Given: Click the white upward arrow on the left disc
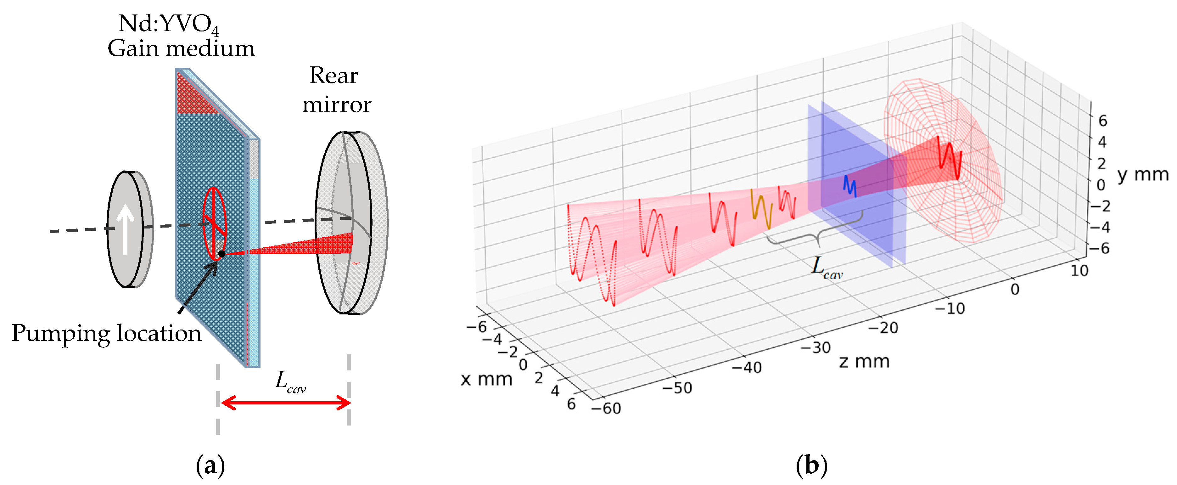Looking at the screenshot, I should click(125, 228).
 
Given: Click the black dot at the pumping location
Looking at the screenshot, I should click(221, 254).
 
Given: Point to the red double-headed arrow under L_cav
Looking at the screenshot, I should click(286, 403).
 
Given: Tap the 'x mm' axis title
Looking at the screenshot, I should click(486, 379).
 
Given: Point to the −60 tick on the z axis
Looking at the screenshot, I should click(606, 408).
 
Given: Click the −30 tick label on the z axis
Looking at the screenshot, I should click(815, 348).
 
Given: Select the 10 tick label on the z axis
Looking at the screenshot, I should click(1079, 271).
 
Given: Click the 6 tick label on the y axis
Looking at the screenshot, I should click(1102, 121).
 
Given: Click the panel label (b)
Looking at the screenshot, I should click(811, 466).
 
